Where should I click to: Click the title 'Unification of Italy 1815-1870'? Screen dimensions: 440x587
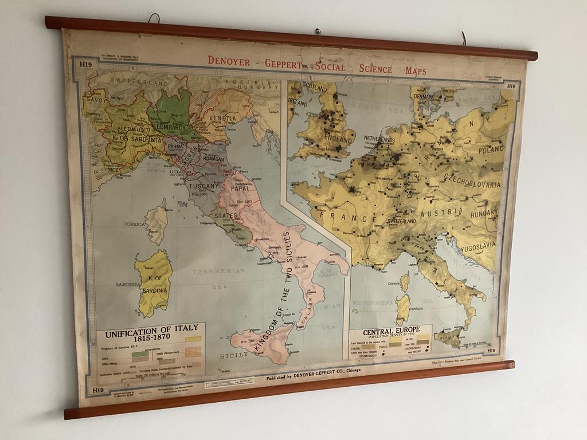tap(151, 332)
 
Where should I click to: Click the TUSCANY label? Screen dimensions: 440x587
tap(205, 186)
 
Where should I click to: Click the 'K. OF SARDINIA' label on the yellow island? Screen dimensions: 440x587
tap(152, 284)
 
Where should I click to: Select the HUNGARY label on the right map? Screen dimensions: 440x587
tap(484, 213)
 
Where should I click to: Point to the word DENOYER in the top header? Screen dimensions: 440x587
tap(230, 60)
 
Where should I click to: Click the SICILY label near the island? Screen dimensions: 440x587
tap(234, 355)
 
